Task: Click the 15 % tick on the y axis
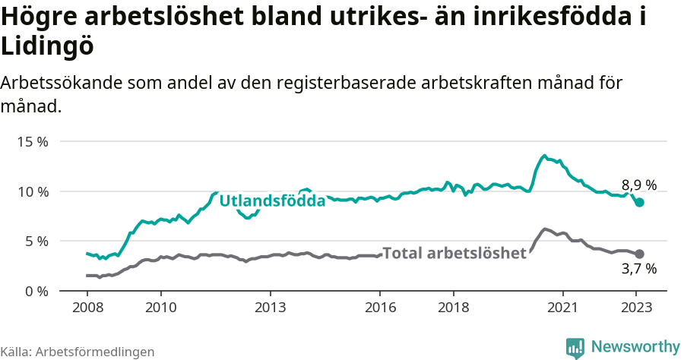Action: [32, 141]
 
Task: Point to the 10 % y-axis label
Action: [32, 191]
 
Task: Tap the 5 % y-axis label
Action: [36, 241]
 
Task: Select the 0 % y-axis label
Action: [36, 291]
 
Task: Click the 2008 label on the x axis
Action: [87, 308]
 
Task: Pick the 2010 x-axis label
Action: [160, 308]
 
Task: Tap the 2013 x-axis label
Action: [270, 308]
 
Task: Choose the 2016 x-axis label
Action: [379, 308]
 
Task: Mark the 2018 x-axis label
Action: [453, 308]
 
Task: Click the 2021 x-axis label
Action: [562, 308]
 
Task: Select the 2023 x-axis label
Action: [635, 308]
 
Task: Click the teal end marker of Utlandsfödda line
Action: [640, 202]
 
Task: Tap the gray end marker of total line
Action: [640, 254]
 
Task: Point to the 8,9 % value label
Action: [638, 185]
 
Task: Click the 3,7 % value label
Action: [638, 268]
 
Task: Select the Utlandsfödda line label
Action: [272, 201]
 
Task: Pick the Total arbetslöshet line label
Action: [454, 253]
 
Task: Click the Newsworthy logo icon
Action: [575, 348]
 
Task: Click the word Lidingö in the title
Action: [47, 46]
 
